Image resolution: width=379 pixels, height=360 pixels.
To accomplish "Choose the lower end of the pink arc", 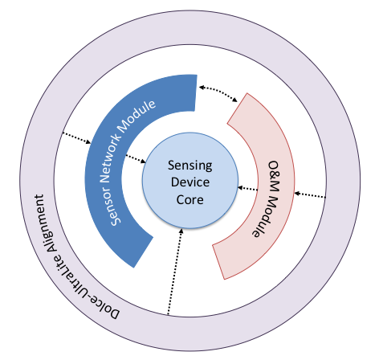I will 228,261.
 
